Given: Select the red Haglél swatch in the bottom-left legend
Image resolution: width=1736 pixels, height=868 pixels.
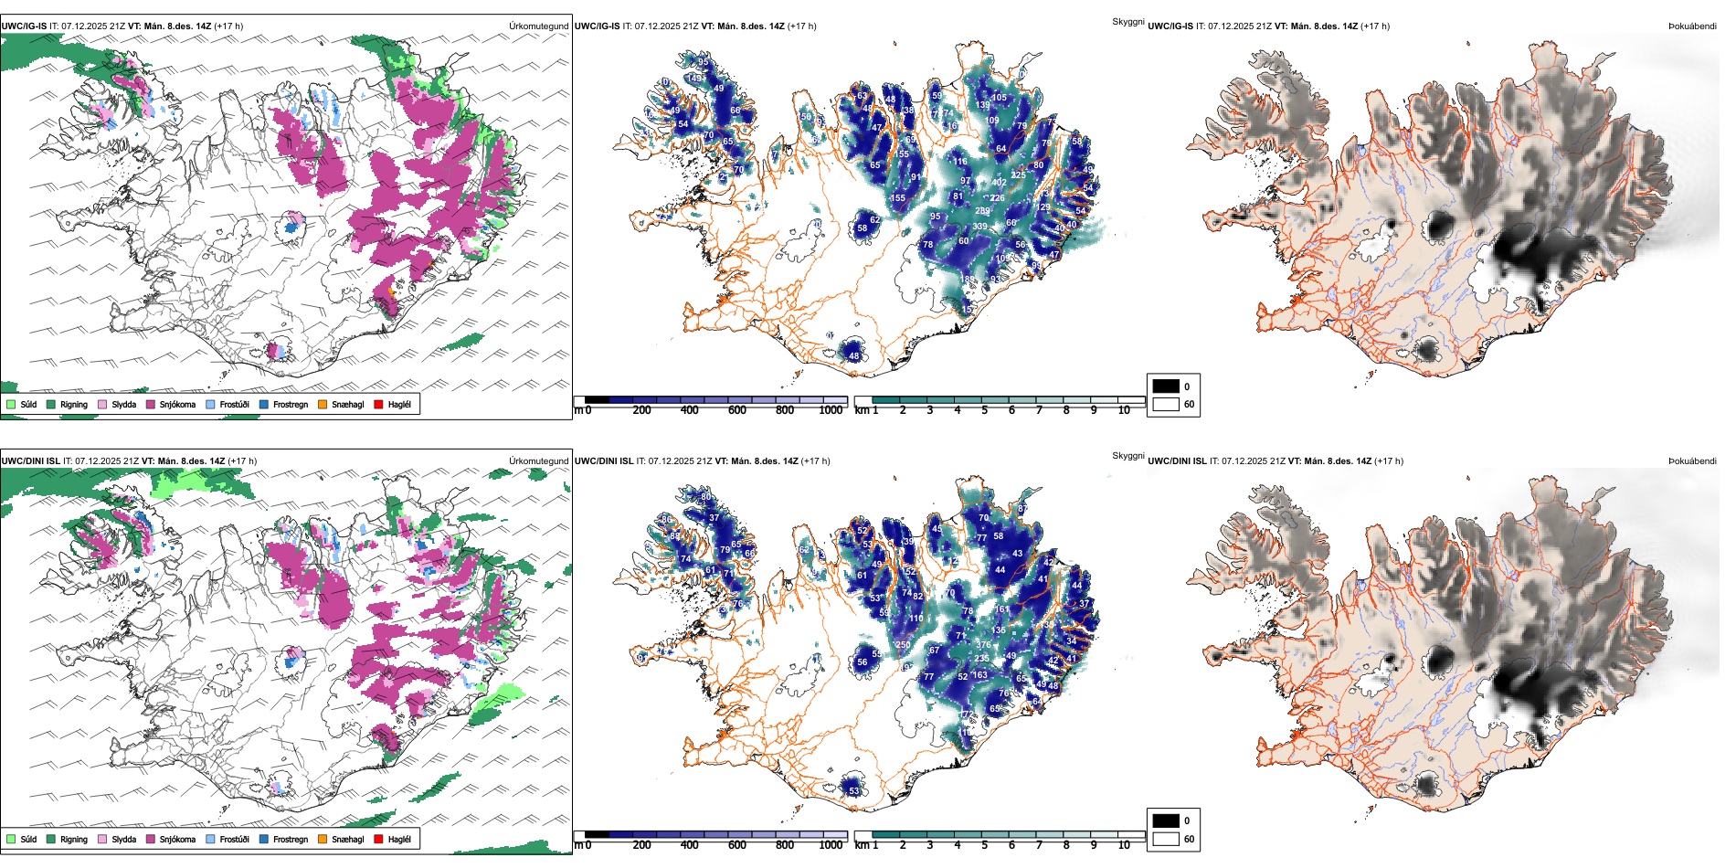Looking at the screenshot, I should [x=378, y=839].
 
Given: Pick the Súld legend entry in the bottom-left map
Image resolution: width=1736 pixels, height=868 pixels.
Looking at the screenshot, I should [x=22, y=839].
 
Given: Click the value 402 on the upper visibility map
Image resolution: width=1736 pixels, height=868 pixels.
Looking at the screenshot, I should [x=999, y=183].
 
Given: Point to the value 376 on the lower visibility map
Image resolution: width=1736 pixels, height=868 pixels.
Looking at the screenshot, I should [x=983, y=645].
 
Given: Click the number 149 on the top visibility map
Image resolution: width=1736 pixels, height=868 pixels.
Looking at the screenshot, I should [x=695, y=79].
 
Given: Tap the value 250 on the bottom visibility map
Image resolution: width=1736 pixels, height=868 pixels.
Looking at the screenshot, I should [x=903, y=645].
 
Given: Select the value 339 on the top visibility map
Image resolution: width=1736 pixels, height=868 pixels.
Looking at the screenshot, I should [x=980, y=227].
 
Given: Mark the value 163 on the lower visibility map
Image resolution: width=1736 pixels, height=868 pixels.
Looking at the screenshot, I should [x=980, y=675].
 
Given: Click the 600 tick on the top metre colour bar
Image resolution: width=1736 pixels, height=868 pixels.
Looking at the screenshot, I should [x=737, y=410].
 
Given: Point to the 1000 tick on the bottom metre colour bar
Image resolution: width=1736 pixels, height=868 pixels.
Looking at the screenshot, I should [x=831, y=845].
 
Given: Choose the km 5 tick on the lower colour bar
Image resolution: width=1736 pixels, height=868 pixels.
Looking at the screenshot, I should [x=985, y=845].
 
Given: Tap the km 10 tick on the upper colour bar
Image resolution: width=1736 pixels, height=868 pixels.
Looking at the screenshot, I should [x=1124, y=410].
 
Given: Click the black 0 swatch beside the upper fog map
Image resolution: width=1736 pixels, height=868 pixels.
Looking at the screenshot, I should [x=1166, y=386].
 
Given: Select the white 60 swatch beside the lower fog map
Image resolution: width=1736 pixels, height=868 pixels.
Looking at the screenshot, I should [x=1166, y=839].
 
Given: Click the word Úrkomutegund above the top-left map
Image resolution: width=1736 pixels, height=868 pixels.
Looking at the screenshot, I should [x=538, y=26].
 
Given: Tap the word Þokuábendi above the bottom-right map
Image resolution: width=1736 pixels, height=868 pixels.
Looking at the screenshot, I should [x=1692, y=461].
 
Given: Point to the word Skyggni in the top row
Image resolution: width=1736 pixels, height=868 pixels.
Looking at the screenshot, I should [x=1127, y=22].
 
